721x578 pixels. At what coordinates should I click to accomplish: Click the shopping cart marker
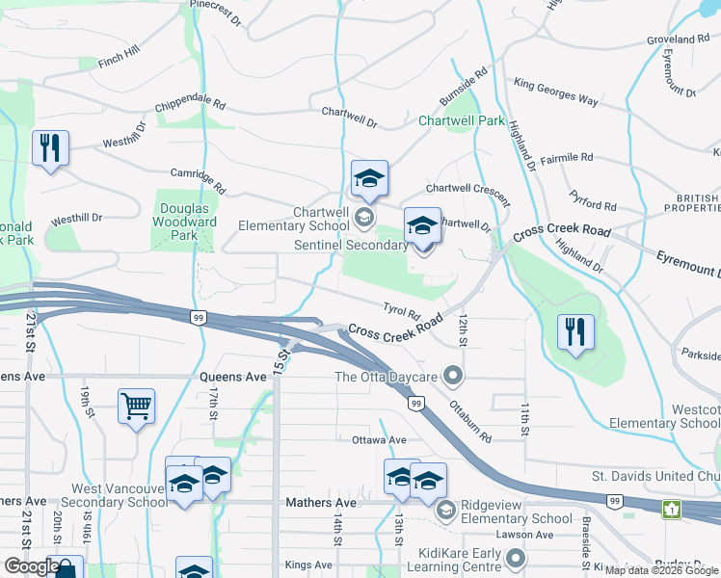(136, 406)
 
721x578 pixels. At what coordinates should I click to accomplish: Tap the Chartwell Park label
(462, 121)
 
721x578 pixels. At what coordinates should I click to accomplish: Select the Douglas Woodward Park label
(184, 222)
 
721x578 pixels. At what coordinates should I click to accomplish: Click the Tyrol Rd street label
(402, 312)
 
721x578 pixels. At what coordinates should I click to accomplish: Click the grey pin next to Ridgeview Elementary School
(444, 509)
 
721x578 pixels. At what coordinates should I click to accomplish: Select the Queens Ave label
(231, 377)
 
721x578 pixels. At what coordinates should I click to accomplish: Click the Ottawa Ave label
(378, 440)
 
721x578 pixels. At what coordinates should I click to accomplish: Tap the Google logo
(31, 566)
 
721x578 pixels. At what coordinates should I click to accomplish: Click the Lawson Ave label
(525, 535)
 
